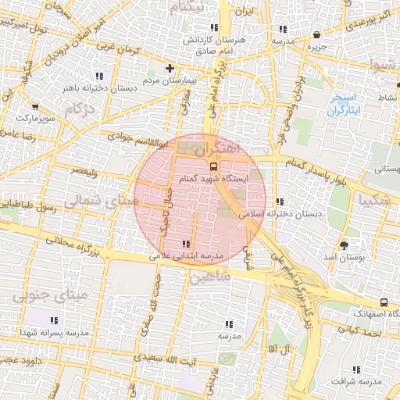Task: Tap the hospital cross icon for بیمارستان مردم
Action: [170, 69]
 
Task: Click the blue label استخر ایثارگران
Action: [343, 105]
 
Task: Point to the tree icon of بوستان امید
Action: [345, 245]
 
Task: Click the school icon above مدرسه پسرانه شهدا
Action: [55, 320]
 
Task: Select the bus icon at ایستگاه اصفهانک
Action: [384, 302]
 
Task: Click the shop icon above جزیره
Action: [316, 35]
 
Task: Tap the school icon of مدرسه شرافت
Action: [357, 370]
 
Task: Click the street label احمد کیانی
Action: [368, 334]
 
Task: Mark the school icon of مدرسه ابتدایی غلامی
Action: [185, 244]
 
